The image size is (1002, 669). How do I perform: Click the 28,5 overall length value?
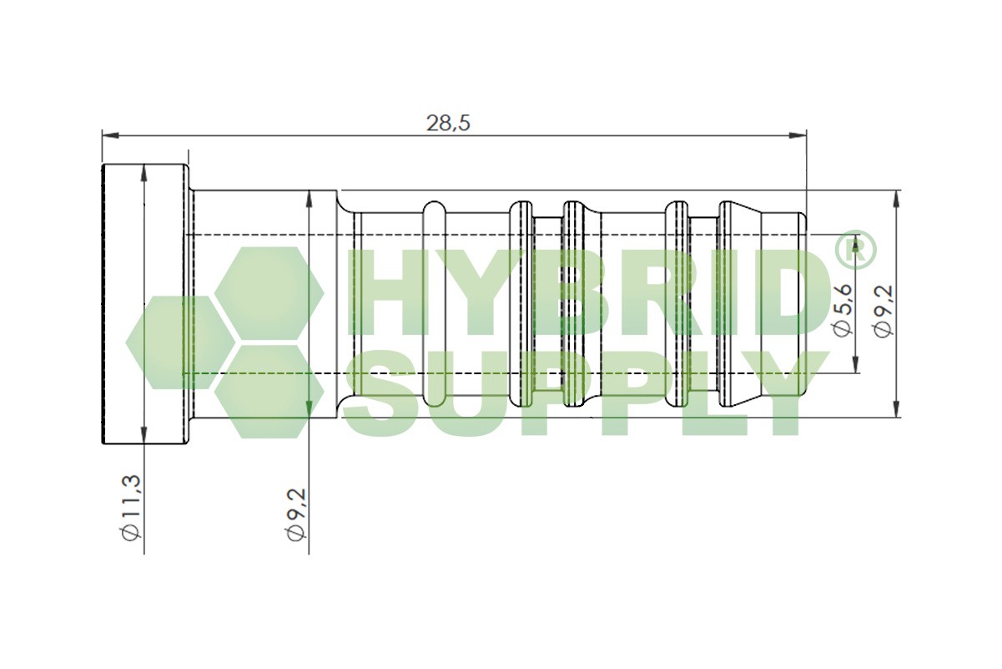click(449, 123)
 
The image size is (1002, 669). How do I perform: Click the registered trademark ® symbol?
click(853, 251)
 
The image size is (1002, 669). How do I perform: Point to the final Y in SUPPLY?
click(780, 393)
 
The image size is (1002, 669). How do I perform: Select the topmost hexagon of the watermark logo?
click(269, 292)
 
